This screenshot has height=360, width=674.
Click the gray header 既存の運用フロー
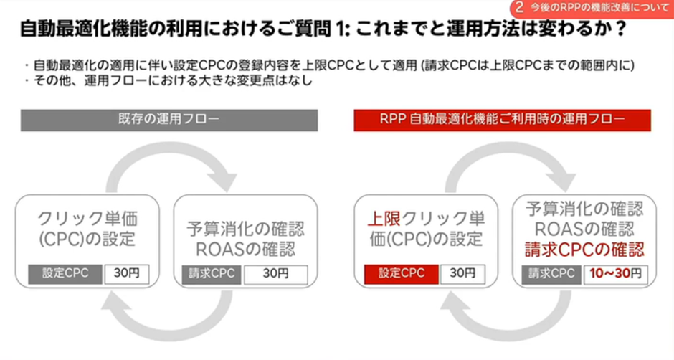click(169, 120)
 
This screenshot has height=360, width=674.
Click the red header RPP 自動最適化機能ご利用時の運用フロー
click(502, 120)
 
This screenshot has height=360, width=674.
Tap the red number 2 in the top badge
click(519, 7)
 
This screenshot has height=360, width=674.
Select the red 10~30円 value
click(615, 273)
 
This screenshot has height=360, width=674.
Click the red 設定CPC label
click(402, 274)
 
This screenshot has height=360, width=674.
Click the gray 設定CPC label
click(65, 274)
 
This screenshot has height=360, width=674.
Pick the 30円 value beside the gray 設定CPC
click(127, 273)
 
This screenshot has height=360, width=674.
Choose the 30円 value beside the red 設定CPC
click(462, 273)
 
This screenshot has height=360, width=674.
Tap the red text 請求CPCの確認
click(584, 250)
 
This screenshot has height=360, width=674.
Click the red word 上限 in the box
click(384, 219)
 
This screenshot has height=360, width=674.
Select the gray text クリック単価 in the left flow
click(87, 219)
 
